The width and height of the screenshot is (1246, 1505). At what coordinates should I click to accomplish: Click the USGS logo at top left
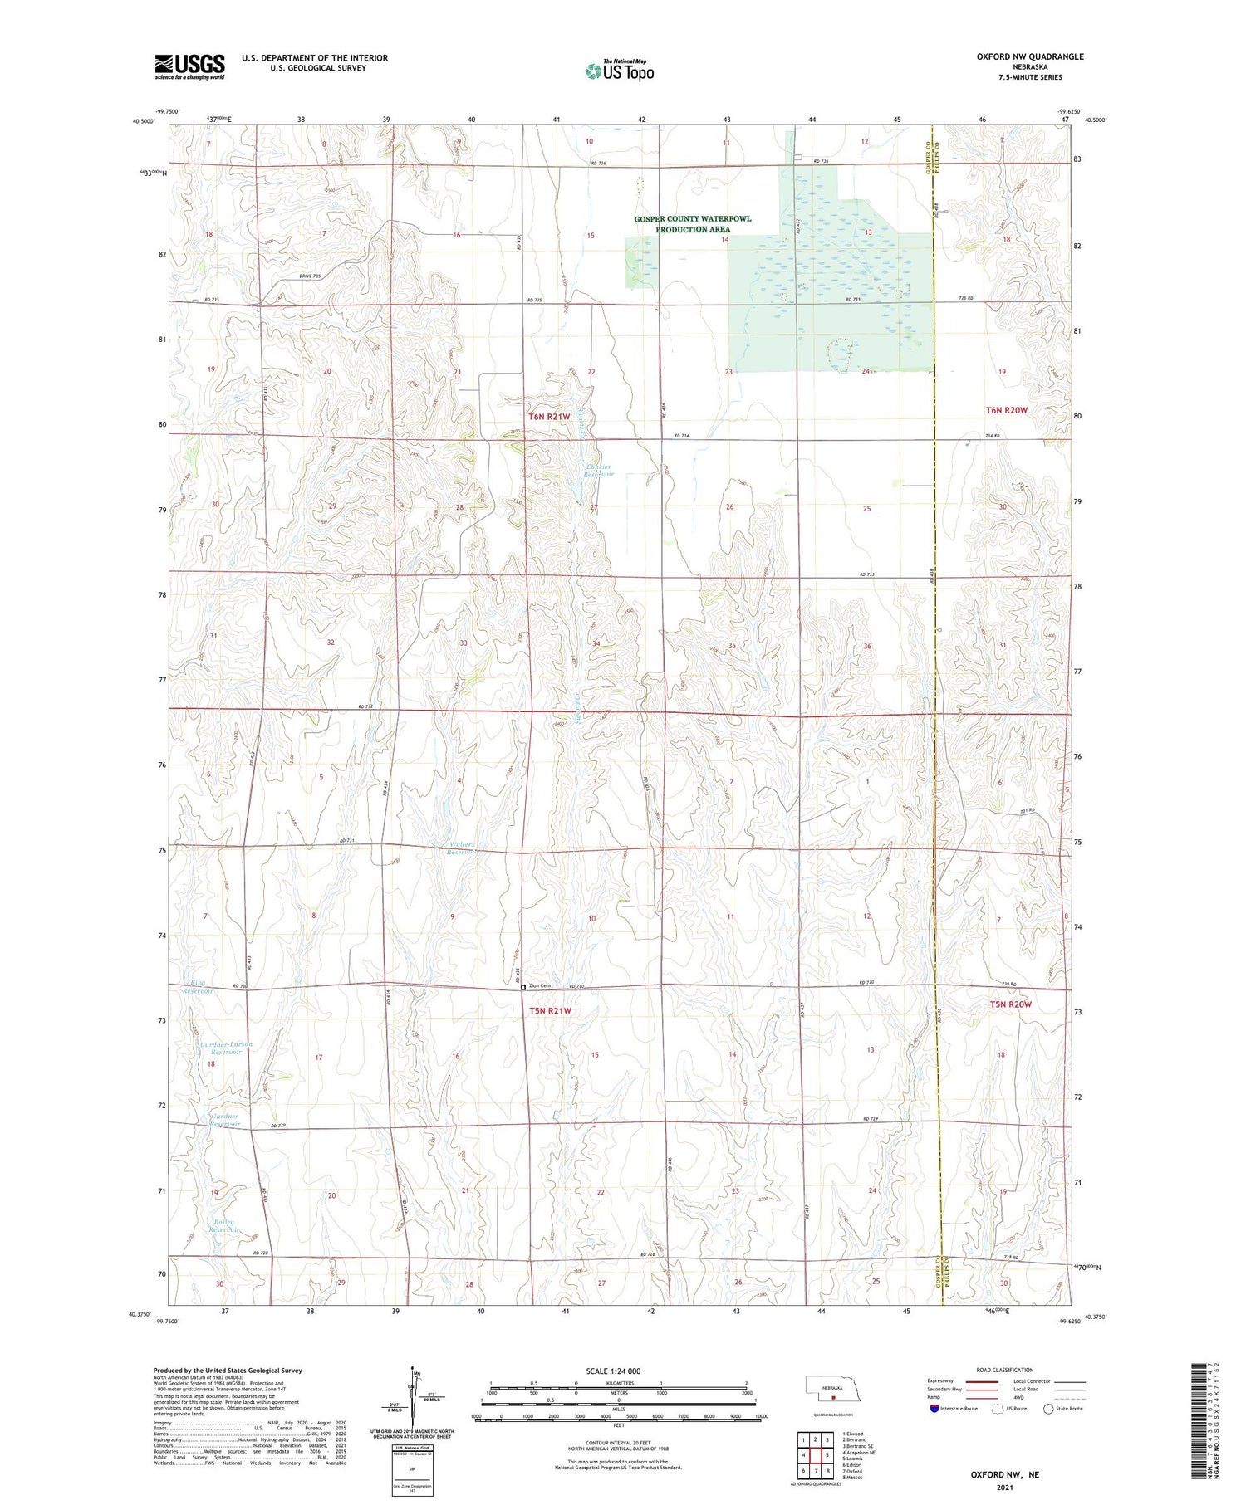pyautogui.click(x=189, y=66)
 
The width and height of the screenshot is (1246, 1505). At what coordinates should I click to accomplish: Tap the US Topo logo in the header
pyautogui.click(x=620, y=71)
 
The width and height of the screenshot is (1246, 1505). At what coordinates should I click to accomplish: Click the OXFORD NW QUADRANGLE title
pyautogui.click(x=1030, y=56)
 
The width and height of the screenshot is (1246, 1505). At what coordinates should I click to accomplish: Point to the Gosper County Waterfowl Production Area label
pyautogui.click(x=692, y=224)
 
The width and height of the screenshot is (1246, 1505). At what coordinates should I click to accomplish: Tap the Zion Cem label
pyautogui.click(x=539, y=985)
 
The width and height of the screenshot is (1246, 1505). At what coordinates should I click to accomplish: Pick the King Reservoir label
pyautogui.click(x=198, y=986)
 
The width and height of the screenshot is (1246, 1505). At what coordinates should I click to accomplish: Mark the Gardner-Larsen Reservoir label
pyautogui.click(x=225, y=1048)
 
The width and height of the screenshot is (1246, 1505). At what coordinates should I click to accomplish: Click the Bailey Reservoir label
pyautogui.click(x=225, y=1225)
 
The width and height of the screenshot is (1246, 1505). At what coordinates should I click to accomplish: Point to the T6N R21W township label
pyautogui.click(x=549, y=416)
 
